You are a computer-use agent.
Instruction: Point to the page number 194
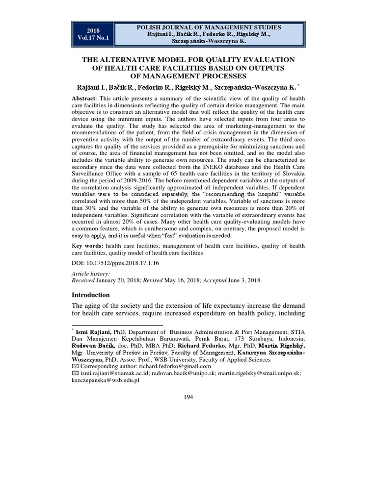(x=188, y=397)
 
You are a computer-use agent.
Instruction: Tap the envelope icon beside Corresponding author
(x=75, y=366)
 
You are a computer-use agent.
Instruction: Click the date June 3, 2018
(x=246, y=280)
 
